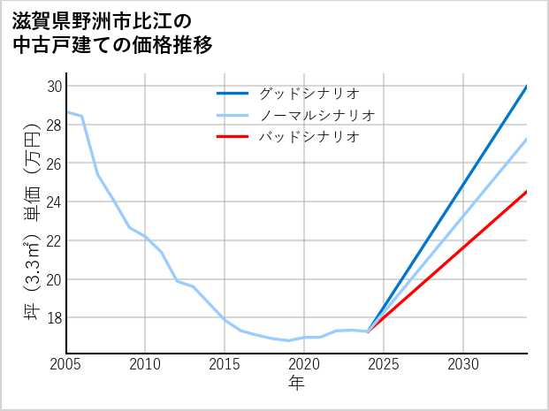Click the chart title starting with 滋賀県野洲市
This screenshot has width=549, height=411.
pyautogui.click(x=114, y=32)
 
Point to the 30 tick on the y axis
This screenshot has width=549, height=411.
pyautogui.click(x=55, y=87)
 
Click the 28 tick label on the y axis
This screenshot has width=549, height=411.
pyautogui.click(x=55, y=125)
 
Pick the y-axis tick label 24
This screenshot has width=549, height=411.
pyautogui.click(x=55, y=202)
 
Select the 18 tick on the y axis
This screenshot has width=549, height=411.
pyautogui.click(x=55, y=317)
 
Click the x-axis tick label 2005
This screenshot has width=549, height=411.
pyautogui.click(x=66, y=364)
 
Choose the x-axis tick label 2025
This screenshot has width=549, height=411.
pyautogui.click(x=384, y=364)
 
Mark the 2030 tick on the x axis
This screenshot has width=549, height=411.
pyautogui.click(x=463, y=364)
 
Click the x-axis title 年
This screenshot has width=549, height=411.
pyautogui.click(x=296, y=384)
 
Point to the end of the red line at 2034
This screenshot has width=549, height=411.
pyautogui.click(x=527, y=191)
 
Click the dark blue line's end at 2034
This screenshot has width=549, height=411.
pyautogui.click(x=527, y=87)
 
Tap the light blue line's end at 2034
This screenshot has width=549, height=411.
pyautogui.click(x=527, y=138)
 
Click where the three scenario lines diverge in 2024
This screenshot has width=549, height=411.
pyautogui.click(x=368, y=331)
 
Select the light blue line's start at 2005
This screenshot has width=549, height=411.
pyautogui.click(x=67, y=112)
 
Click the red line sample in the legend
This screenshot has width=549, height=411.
pyautogui.click(x=233, y=137)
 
